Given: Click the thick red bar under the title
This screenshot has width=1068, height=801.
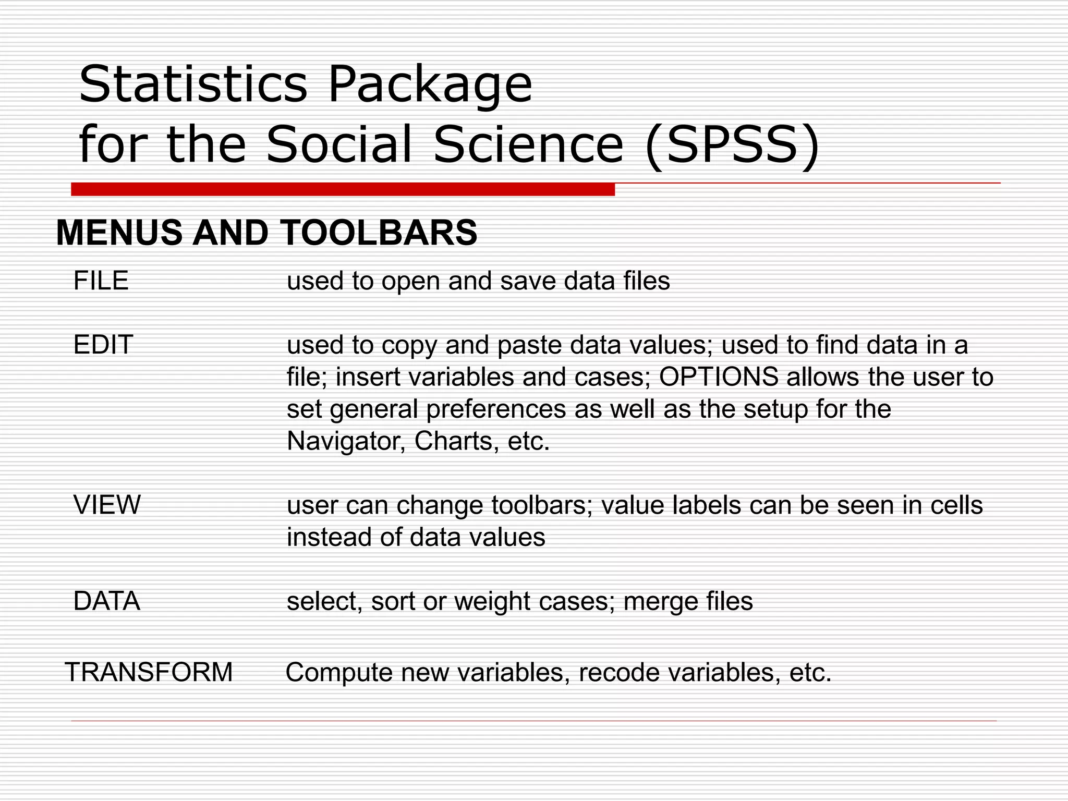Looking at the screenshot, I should tap(343, 189).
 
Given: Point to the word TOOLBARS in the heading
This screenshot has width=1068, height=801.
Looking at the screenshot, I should tap(379, 233).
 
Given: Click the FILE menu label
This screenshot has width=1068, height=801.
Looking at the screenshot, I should tap(101, 281).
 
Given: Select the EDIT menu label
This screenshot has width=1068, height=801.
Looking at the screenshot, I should tap(103, 345).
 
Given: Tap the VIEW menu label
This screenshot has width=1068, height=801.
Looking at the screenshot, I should tap(107, 505).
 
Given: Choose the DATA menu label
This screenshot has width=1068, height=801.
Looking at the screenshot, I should tap(107, 601).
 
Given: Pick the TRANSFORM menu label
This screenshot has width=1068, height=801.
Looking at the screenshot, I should tap(149, 672).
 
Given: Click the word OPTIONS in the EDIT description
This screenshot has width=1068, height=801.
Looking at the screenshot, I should tap(719, 377).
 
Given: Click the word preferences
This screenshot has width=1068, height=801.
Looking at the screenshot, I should tap(496, 409).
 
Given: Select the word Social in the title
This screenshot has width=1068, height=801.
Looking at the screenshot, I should tap(339, 144).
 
